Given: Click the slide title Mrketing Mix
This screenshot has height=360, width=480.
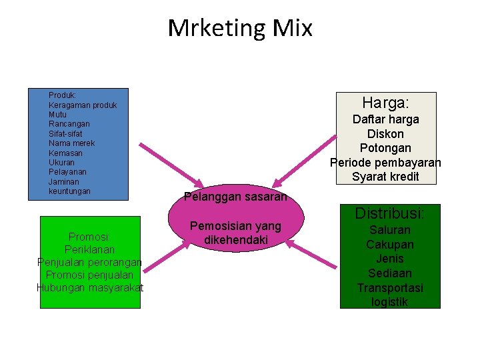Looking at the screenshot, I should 240,28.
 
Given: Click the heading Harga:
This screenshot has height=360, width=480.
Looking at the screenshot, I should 385,103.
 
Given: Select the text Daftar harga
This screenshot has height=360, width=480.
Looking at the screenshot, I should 385,119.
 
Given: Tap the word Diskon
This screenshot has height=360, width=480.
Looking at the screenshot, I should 385,133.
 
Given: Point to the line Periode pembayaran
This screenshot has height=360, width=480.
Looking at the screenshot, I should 385,163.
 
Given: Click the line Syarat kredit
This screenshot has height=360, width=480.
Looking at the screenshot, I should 385,177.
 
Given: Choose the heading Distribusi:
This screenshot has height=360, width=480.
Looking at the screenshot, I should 389,213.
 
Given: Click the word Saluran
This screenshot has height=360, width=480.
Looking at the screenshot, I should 390,230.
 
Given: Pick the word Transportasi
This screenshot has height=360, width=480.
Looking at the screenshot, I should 390,288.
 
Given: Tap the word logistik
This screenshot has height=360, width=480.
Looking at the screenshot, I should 390,302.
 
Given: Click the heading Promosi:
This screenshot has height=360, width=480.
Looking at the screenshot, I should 89,237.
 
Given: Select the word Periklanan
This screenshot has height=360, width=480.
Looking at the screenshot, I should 89,249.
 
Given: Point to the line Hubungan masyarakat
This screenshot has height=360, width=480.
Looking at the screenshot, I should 89,287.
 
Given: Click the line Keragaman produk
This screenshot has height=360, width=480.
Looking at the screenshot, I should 83,105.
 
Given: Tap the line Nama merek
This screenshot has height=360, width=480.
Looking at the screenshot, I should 71,143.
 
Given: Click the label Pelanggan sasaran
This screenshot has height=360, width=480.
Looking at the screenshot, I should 235,197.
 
